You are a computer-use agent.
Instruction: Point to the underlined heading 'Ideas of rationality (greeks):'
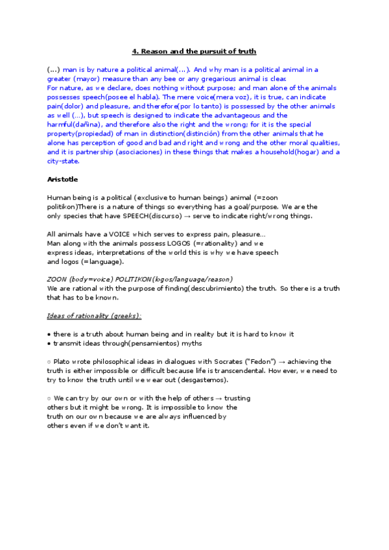[x=95, y=316]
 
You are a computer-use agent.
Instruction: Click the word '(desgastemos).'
[x=202, y=379]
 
